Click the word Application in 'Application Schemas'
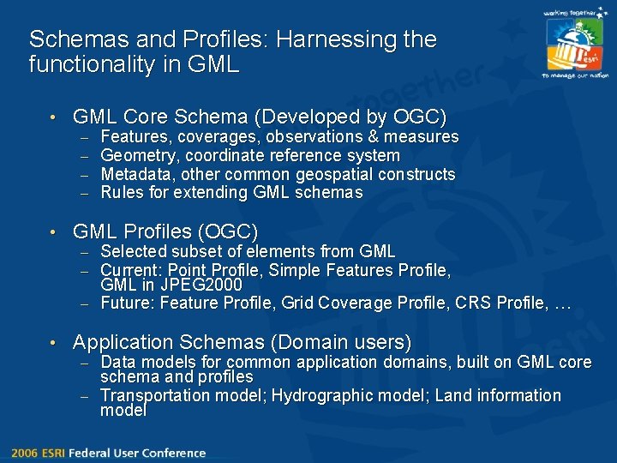pyautogui.click(x=125, y=343)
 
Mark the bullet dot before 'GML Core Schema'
pyautogui.click(x=52, y=117)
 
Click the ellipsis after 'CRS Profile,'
pyautogui.click(x=562, y=304)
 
